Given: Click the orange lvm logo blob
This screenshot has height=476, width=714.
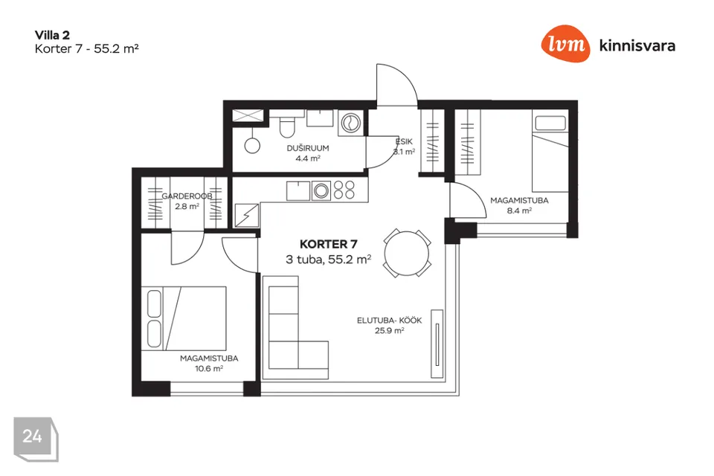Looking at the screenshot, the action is (565, 44).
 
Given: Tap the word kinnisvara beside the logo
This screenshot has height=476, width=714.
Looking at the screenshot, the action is (637, 45).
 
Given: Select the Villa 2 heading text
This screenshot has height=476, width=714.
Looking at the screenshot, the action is (52, 35).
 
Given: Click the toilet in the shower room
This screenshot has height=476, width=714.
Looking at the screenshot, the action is (287, 125).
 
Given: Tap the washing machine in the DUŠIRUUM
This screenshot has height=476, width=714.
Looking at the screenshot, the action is (350, 123).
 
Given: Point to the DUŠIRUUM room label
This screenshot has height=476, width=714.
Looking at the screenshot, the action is (308, 148).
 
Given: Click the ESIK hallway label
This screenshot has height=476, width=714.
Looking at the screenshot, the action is (404, 141).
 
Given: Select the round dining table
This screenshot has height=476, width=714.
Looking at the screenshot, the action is (407, 253).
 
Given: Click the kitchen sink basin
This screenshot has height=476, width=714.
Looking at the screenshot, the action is (298, 191).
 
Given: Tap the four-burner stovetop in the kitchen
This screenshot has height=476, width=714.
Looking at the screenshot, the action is (344, 190).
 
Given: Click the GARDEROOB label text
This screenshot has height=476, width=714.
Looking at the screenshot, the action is (187, 196).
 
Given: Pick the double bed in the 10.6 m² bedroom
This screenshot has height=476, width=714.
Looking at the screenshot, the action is (184, 318).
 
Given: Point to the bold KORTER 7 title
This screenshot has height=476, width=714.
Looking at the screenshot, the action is (328, 244).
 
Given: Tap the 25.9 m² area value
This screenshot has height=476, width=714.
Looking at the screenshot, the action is (389, 331).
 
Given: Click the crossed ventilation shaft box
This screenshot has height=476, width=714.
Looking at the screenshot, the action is (248, 116).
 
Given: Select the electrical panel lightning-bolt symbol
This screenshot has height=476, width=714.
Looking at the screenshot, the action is (247, 216).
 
